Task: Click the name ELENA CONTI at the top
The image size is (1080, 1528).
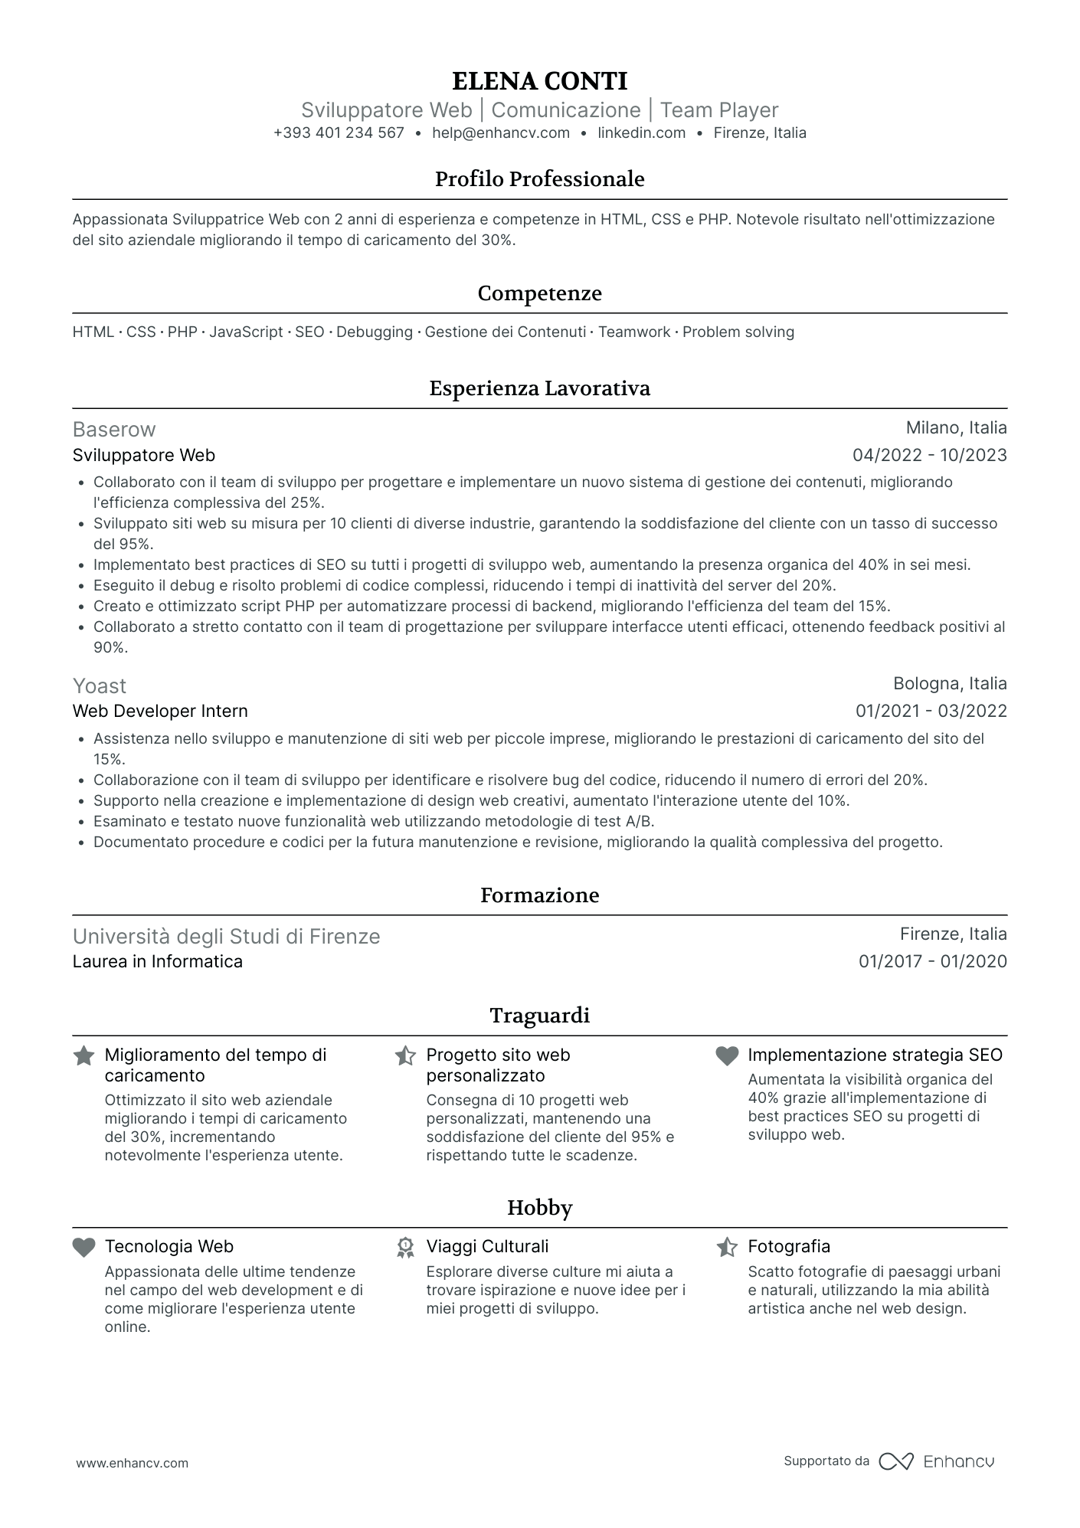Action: coord(539,81)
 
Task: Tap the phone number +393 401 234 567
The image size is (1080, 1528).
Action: coord(339,133)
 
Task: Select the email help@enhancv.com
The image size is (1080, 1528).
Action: coord(501,133)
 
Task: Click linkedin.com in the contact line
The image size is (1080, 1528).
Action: coord(641,133)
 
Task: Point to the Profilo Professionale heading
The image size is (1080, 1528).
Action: coord(539,179)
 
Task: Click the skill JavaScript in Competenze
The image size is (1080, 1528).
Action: coord(246,332)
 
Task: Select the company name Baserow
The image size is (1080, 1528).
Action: coord(114,430)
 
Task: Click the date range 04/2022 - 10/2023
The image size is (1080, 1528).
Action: coord(929,456)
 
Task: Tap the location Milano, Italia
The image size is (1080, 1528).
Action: coord(956,428)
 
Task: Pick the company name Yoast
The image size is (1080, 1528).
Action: coord(100,685)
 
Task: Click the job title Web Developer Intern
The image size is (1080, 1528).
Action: coord(160,712)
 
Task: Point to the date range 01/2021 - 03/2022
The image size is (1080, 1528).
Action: coord(931,712)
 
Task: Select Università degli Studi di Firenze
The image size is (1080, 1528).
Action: coord(226,937)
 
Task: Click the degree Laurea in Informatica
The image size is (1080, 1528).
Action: coord(157,962)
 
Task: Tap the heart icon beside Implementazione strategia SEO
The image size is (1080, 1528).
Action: coord(726,1056)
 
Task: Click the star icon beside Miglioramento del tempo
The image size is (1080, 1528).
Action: coord(83,1056)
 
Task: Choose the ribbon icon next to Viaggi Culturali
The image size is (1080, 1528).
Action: coord(405,1248)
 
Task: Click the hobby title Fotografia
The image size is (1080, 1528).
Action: coord(789,1247)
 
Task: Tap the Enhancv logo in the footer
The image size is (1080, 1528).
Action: coord(936,1461)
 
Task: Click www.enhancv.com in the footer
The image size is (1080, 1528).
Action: coord(132,1464)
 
